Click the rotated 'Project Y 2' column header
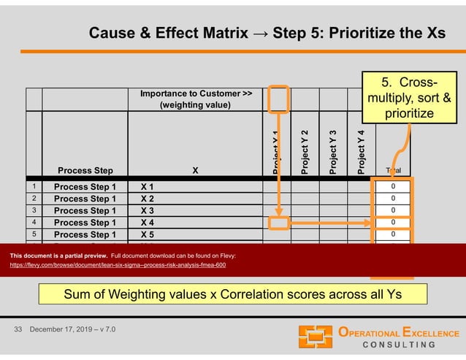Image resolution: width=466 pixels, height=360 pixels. (304, 147)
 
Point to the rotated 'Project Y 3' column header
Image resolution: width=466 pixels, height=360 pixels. (332, 147)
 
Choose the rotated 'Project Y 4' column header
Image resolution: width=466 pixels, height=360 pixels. (361, 147)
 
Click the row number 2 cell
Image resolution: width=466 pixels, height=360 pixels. (34, 198)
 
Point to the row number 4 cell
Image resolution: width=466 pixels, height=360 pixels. (34, 222)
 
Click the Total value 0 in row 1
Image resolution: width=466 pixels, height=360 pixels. (393, 186)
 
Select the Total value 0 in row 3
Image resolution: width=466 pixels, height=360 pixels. (393, 210)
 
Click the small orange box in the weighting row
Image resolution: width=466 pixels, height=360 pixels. (278, 99)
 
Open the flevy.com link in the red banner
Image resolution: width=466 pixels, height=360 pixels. (118, 265)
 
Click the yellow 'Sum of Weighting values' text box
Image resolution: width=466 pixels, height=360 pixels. (233, 294)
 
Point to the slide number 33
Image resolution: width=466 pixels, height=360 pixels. (20, 331)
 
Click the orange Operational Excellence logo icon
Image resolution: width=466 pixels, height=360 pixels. (316, 337)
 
